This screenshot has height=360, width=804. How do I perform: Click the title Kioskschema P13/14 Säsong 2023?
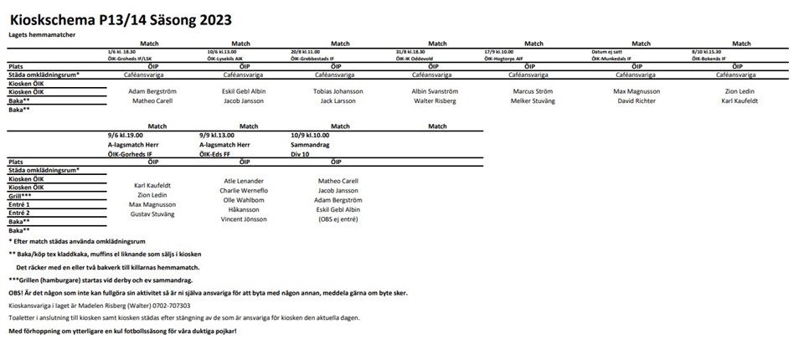(x=121, y=18)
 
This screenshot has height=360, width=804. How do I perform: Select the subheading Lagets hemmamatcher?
(x=43, y=35)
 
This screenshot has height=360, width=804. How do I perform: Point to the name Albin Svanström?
(x=435, y=91)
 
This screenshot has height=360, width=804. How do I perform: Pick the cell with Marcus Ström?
(x=532, y=91)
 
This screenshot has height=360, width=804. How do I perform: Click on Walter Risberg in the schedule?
(x=435, y=100)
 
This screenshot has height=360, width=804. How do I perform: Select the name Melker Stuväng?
(x=532, y=100)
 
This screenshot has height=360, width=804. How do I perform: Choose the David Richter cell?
(x=636, y=100)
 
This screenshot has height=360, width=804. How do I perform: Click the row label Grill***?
(x=21, y=195)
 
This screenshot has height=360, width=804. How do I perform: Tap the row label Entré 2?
(x=19, y=213)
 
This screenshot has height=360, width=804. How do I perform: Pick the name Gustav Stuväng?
(x=152, y=215)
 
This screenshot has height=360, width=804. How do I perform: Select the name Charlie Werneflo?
(x=244, y=191)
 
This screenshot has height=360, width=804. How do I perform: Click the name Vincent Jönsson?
(x=243, y=219)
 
